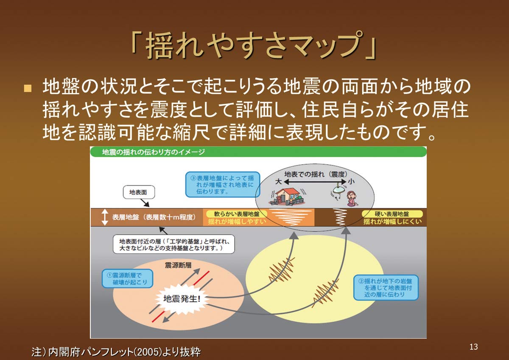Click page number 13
(474, 347)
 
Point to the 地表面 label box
(139, 192)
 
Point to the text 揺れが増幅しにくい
(393, 222)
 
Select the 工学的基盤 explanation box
(174, 244)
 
